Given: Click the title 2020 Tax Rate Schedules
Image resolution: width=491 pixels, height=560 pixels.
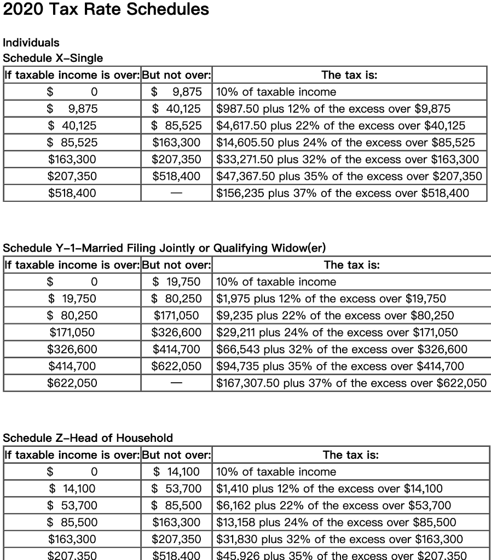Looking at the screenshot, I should point(106,9).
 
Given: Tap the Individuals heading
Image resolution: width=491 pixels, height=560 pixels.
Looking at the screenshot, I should point(31,43).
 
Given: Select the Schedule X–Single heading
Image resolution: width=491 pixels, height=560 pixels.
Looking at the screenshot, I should point(53,58).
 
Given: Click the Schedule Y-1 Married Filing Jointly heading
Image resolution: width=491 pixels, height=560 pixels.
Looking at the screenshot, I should point(164,248).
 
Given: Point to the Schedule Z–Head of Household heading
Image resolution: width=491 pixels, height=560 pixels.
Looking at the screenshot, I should point(88,437).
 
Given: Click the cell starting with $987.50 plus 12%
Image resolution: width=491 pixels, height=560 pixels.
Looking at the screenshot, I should point(333,109).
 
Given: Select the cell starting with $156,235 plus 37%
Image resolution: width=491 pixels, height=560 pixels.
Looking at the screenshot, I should point(343,193).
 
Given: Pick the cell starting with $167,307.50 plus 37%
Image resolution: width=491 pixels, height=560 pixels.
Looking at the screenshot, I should point(351,383).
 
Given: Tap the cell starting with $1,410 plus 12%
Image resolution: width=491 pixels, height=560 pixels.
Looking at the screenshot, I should point(330,488).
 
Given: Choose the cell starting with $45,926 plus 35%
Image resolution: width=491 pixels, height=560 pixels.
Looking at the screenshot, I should point(342,555).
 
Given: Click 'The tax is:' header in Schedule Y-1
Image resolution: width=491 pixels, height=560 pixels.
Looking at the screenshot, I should point(351,265).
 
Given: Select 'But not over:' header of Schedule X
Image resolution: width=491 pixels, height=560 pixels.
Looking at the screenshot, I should point(176,75).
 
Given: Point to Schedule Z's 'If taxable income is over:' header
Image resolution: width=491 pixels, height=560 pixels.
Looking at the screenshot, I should point(72,455).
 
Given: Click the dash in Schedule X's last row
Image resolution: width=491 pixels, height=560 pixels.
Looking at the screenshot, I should point(176,193).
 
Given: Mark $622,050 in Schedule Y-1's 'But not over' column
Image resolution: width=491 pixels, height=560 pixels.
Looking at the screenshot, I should point(176,366).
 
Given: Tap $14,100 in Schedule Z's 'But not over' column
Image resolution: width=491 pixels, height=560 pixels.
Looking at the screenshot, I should point(176,471).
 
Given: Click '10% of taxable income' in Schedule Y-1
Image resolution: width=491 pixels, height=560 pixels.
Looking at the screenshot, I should point(276,282).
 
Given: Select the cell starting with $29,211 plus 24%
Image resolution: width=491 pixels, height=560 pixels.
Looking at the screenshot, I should point(337,332).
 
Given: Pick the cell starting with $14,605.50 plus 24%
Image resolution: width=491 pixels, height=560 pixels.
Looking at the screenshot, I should point(345,143).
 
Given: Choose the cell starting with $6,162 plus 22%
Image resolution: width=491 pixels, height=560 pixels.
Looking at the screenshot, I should point(334,505).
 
